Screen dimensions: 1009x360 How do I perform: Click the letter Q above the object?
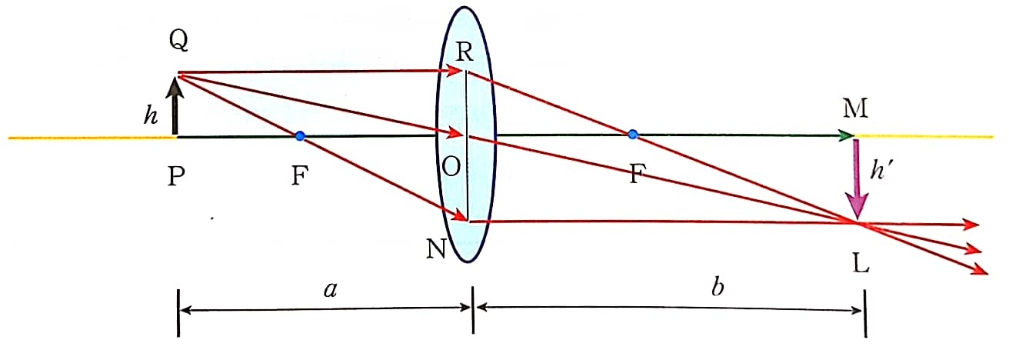[x=178, y=41]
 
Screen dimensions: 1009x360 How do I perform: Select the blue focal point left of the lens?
[x=300, y=135]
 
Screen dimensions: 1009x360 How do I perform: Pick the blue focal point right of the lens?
[x=633, y=134]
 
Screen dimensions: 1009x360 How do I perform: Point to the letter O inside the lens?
[x=451, y=167]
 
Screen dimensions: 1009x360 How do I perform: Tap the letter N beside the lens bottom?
[x=436, y=248]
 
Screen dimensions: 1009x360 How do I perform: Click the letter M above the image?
[x=855, y=108]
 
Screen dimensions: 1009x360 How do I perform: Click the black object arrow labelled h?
[x=175, y=106]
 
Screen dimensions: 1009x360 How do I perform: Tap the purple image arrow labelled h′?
[x=856, y=179]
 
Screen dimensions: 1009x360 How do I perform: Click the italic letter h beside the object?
[x=151, y=115]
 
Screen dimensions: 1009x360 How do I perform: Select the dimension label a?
[x=330, y=290]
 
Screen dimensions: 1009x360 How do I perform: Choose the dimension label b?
[x=718, y=286]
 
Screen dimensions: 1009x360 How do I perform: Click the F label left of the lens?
[x=300, y=175]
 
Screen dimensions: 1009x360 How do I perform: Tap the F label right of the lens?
[x=635, y=174]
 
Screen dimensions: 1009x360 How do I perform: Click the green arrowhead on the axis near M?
[x=847, y=135]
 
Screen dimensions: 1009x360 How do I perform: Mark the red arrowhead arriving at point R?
[x=454, y=71]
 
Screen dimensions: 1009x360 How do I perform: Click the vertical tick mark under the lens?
[x=473, y=309]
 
